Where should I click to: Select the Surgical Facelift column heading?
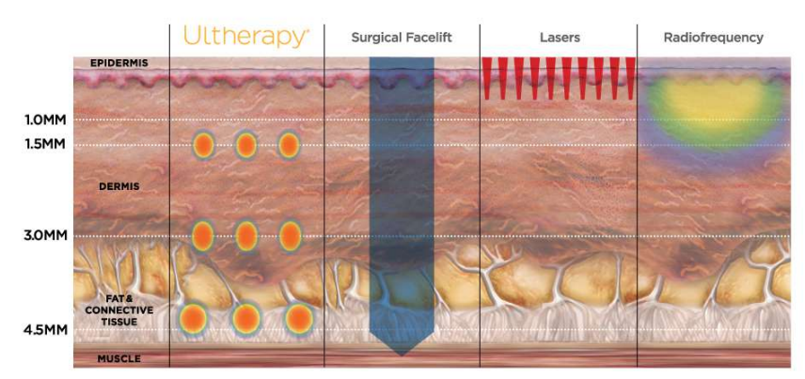click(402, 38)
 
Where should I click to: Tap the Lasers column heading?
click(560, 38)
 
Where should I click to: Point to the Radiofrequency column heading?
click(713, 38)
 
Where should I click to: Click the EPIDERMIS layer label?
click(119, 63)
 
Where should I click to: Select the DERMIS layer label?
click(119, 187)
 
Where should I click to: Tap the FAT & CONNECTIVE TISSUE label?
click(119, 309)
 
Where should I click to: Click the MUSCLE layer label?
click(119, 358)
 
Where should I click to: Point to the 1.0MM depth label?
click(44, 120)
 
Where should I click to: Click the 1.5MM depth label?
click(44, 144)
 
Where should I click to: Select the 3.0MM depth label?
click(44, 237)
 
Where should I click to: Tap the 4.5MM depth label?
click(44, 329)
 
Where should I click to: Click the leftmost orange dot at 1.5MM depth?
click(204, 145)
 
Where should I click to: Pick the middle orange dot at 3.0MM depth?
click(246, 236)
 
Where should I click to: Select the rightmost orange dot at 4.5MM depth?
click(299, 319)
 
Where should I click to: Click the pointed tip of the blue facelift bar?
click(402, 355)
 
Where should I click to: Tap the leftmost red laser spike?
click(487, 78)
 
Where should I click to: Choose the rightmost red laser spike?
click(631, 78)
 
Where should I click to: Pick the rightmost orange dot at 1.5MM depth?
click(289, 145)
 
